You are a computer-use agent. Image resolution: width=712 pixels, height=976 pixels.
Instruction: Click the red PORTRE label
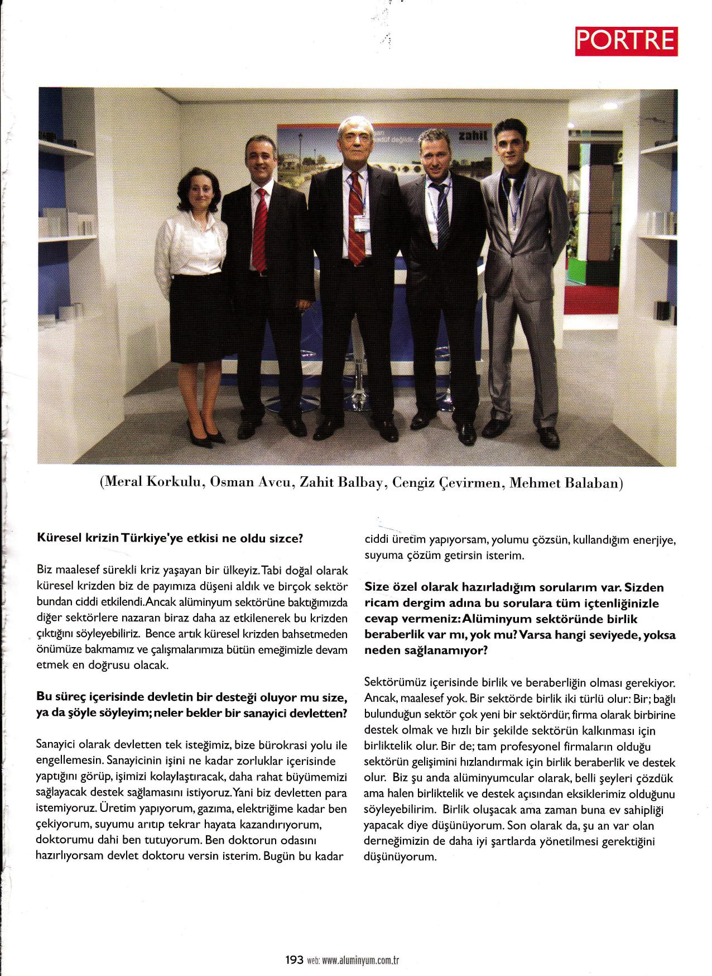[626, 40]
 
